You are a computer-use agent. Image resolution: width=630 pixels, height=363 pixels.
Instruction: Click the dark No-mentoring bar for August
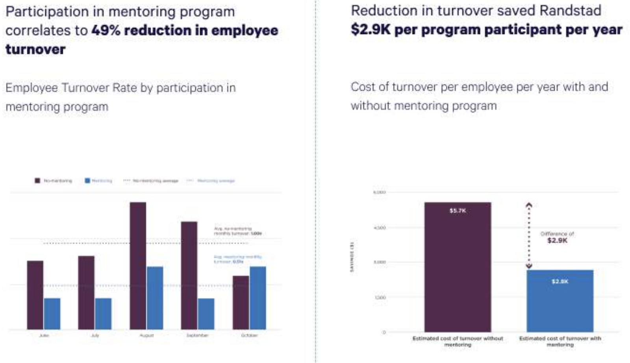click(138, 266)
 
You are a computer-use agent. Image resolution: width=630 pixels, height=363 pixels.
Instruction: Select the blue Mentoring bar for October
click(258, 298)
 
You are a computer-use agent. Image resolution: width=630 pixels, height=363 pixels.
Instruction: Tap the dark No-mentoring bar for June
click(35, 295)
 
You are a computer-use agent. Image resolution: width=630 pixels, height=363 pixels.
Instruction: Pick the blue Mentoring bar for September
click(206, 314)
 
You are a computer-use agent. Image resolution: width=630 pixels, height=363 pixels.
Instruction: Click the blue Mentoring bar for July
click(103, 314)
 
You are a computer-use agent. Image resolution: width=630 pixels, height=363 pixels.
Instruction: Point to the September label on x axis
click(197, 335)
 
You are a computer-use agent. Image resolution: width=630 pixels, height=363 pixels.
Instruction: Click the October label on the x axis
click(249, 335)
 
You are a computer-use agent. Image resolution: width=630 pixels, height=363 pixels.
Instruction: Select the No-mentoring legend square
click(37, 181)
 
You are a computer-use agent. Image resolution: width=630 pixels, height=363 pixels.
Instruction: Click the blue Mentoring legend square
click(87, 181)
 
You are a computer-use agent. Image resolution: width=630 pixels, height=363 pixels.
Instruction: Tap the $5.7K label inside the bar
click(458, 211)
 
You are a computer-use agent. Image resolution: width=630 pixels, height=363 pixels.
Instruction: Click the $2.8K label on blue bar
click(560, 282)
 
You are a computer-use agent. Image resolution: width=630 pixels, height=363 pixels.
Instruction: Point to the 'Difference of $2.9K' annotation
click(557, 237)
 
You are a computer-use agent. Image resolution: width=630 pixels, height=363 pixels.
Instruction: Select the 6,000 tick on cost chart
click(380, 193)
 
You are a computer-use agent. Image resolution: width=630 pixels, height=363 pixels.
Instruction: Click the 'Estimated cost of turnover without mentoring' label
click(458, 341)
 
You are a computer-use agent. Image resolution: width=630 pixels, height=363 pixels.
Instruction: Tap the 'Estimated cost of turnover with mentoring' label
click(560, 341)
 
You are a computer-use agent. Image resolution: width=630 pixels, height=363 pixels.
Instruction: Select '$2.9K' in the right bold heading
click(371, 30)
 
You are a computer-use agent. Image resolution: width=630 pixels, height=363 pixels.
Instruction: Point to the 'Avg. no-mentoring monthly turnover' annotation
click(237, 231)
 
